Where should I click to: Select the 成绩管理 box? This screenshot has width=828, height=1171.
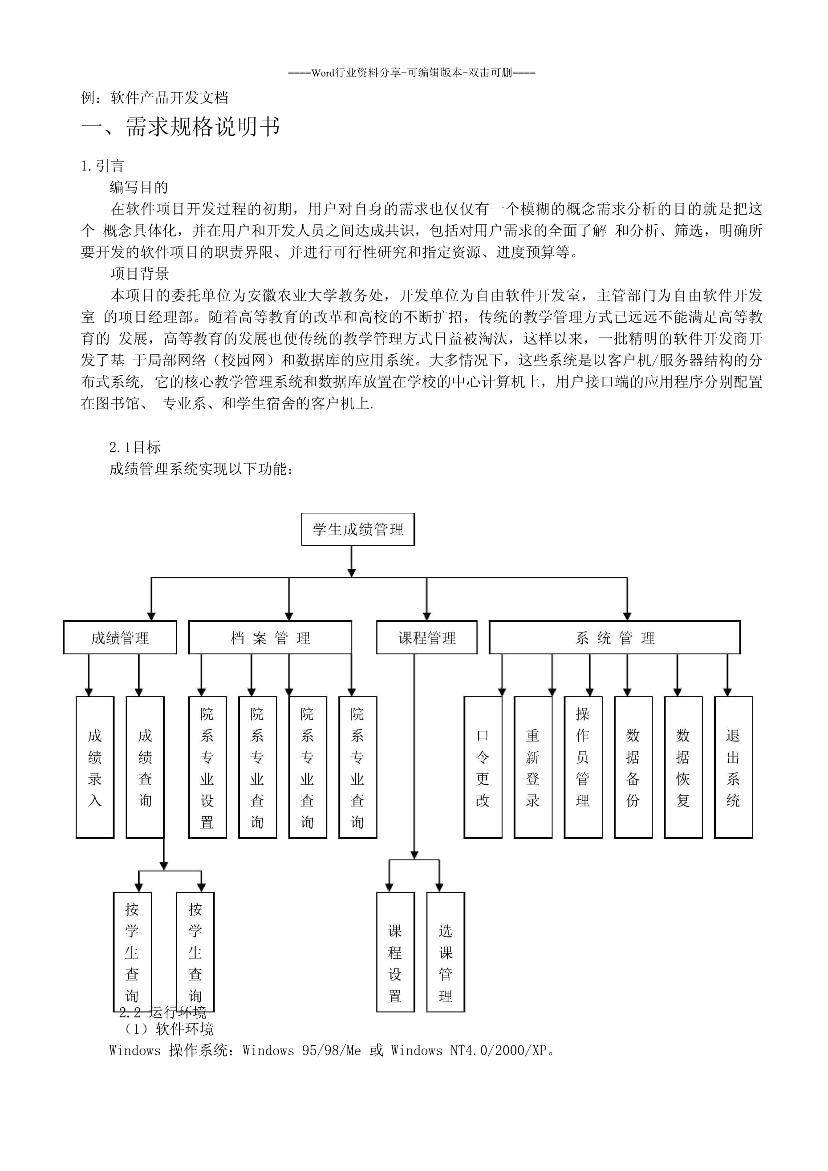[x=120, y=637]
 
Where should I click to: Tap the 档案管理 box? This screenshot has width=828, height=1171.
[x=270, y=637]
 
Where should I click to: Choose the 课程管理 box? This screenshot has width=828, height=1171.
[x=426, y=637]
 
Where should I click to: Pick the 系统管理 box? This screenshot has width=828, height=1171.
[x=614, y=637]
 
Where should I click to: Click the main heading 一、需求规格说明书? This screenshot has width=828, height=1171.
[x=181, y=126]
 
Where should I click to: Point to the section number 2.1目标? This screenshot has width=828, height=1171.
[x=135, y=447]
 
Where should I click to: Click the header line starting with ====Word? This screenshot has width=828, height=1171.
[x=412, y=73]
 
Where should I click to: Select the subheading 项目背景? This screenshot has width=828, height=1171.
[x=139, y=274]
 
